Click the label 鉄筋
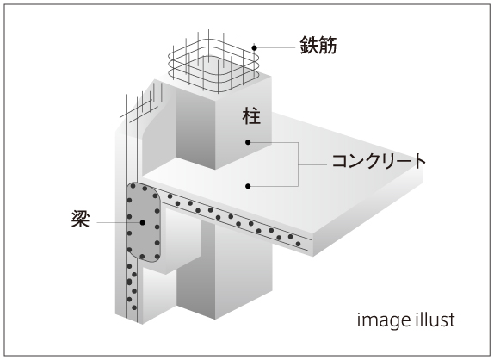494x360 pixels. click(318, 45)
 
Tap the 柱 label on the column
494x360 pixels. click(251, 116)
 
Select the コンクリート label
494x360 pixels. click(379, 161)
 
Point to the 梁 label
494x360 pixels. click(81, 219)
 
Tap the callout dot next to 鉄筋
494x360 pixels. click(254, 48)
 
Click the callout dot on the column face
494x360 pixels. click(248, 142)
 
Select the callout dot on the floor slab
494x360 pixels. click(248, 186)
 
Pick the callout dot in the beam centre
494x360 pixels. click(142, 222)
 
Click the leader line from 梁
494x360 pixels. click(118, 222)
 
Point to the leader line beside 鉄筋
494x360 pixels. click(276, 48)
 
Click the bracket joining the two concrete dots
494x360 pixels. click(298, 164)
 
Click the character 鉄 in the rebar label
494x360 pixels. click(309, 45)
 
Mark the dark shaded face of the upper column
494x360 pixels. click(195, 129)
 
